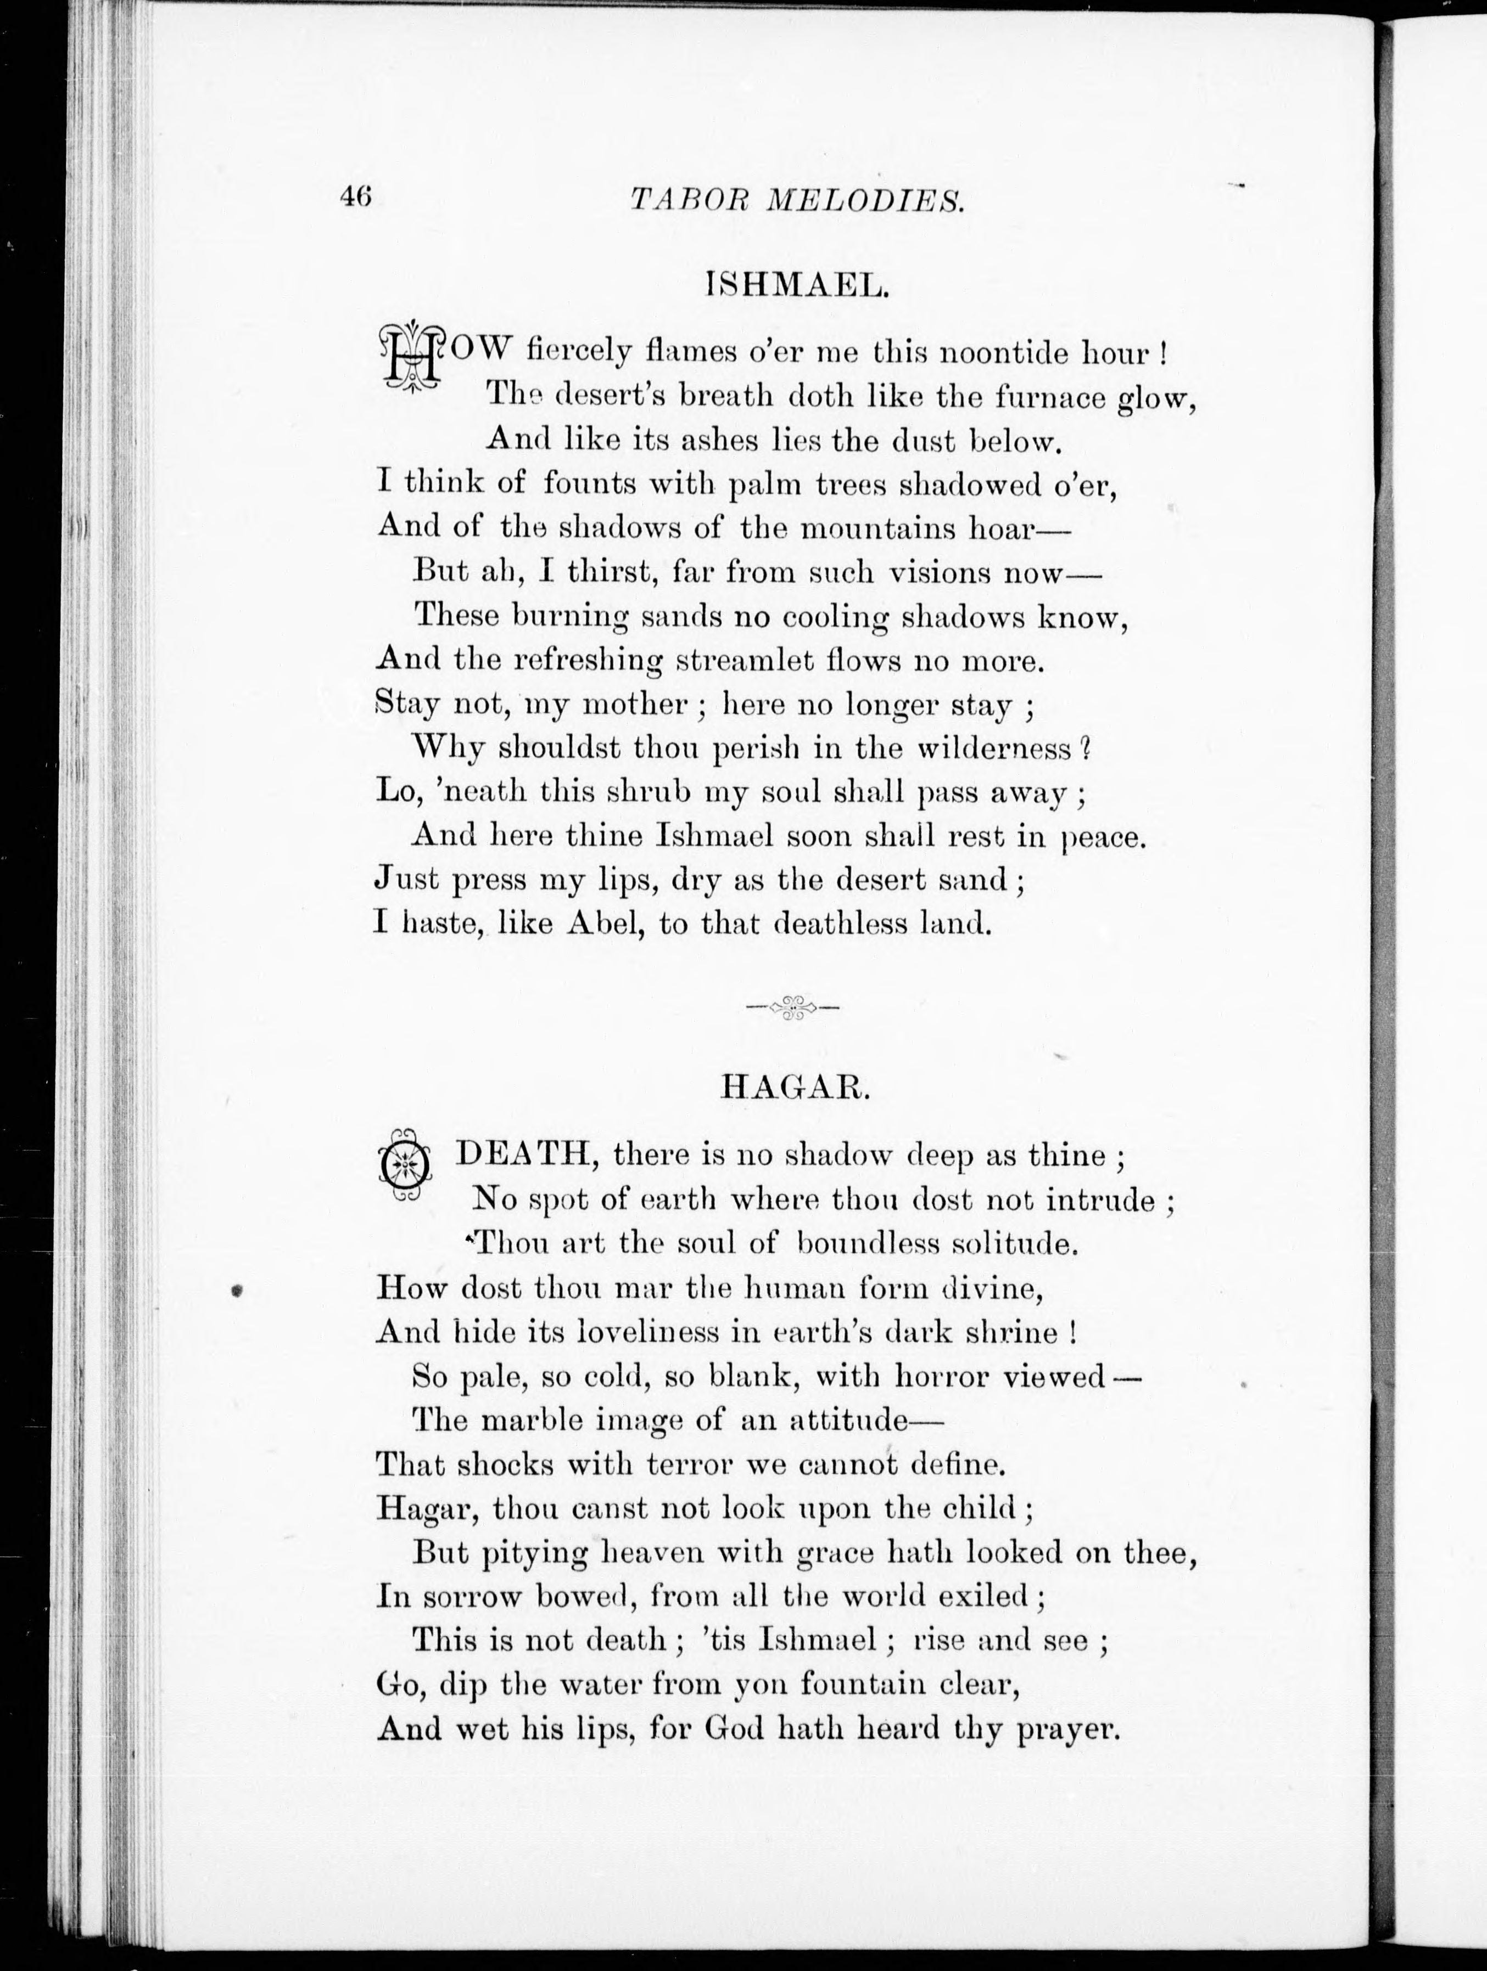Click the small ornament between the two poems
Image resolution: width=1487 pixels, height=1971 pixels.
pos(792,1008)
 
